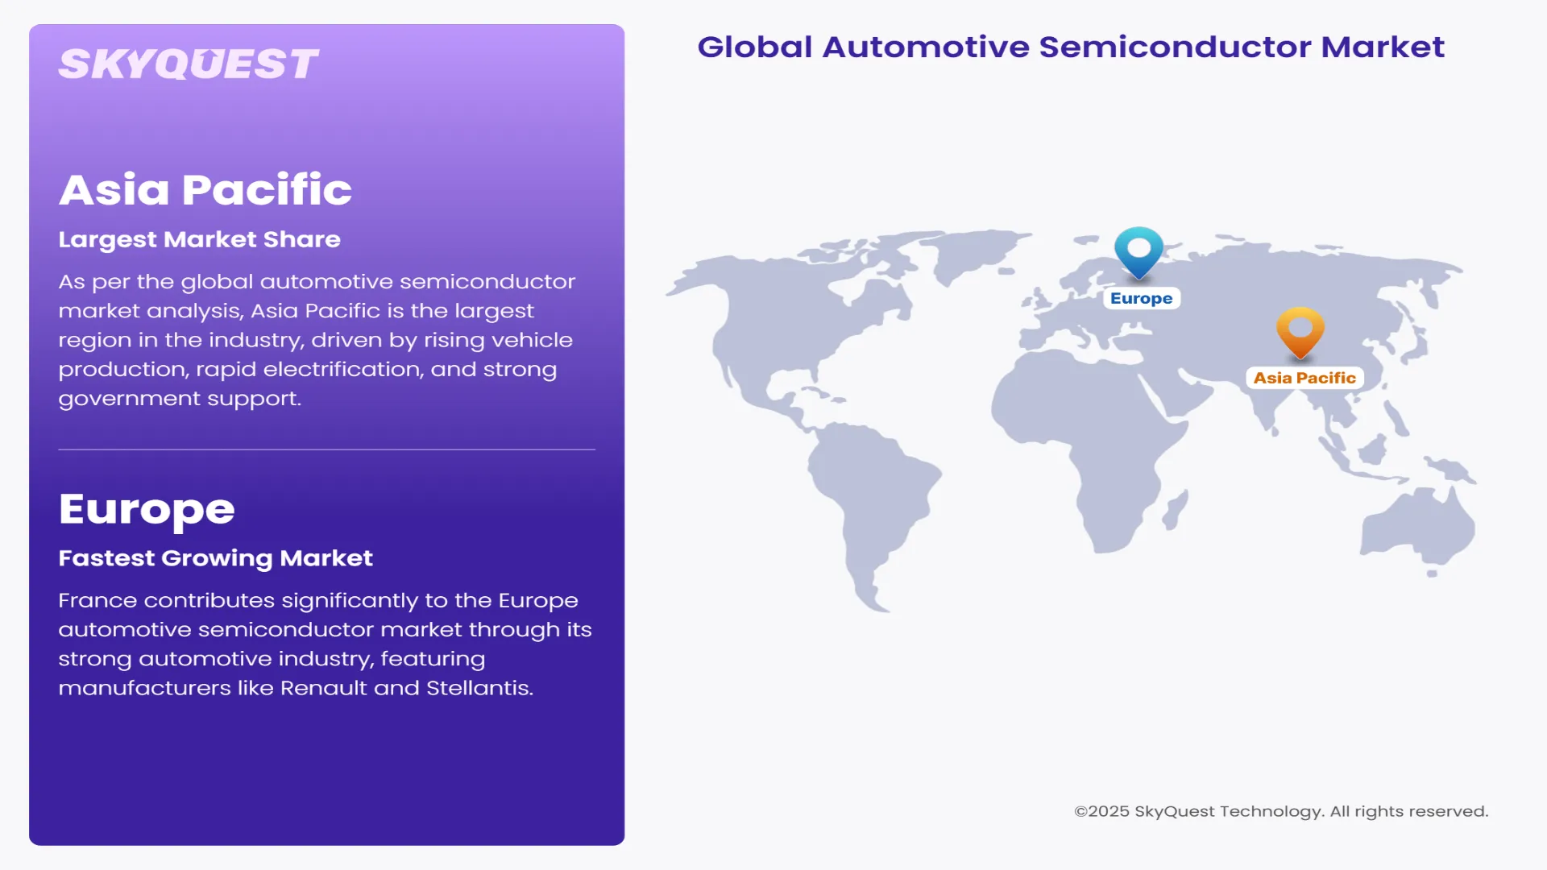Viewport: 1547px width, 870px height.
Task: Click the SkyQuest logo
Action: click(x=189, y=64)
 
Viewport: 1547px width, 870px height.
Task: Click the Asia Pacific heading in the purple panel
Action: click(x=205, y=190)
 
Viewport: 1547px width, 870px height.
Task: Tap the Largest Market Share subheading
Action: click(x=199, y=239)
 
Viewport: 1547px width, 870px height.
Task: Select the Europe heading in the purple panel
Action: click(x=147, y=509)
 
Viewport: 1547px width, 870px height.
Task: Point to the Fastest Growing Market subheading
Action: click(x=215, y=558)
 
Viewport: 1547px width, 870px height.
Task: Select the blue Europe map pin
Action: click(x=1138, y=250)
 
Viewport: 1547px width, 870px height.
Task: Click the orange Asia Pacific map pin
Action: click(x=1300, y=329)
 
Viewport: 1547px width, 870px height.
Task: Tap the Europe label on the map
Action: click(x=1141, y=298)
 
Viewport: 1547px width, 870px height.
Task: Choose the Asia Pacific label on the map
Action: click(x=1304, y=378)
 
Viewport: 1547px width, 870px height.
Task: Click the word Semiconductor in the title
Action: click(x=1176, y=47)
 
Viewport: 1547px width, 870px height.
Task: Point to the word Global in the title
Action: click(x=754, y=47)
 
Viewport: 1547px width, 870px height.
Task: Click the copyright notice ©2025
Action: click(x=1102, y=811)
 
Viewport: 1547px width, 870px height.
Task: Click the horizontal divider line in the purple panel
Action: click(x=326, y=449)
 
